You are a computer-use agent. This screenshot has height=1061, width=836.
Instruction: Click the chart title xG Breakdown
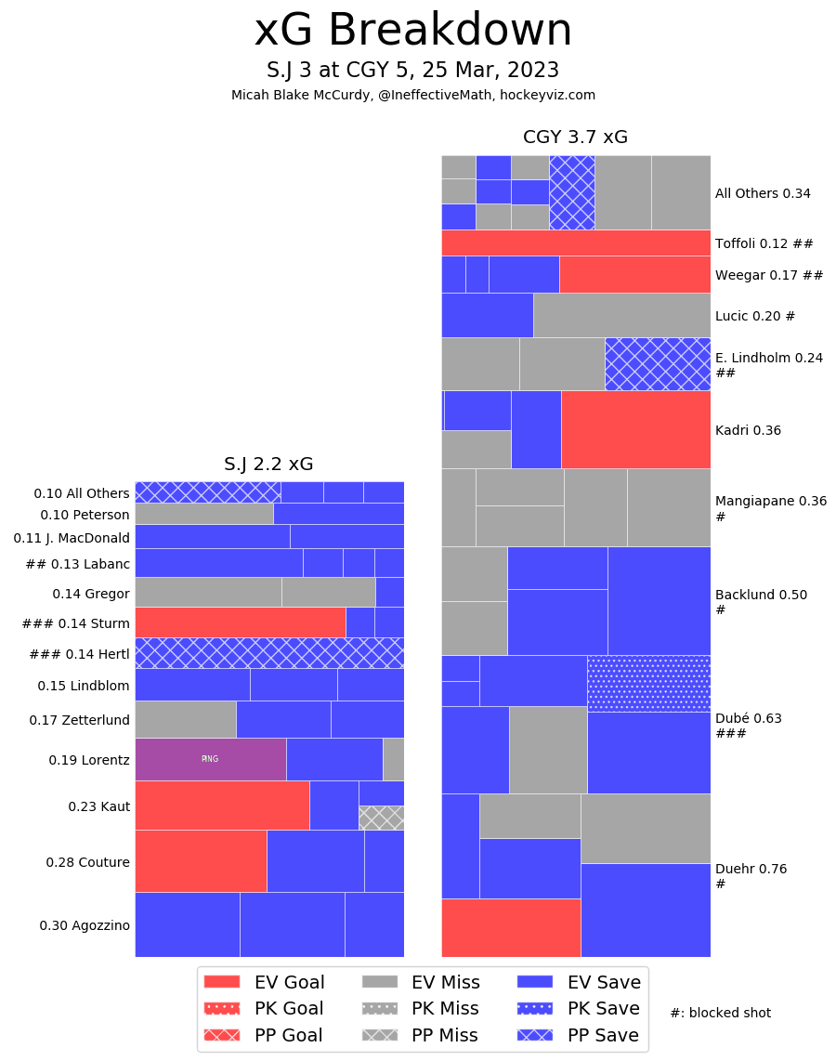point(413,32)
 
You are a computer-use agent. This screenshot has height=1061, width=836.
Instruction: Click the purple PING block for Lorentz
point(210,759)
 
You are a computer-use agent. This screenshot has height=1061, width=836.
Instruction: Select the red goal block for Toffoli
point(575,242)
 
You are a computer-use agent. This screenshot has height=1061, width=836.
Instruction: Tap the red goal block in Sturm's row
point(240,622)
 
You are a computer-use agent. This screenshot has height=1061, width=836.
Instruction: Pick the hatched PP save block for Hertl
point(269,652)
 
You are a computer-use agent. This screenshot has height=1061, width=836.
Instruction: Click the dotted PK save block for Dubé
point(648,683)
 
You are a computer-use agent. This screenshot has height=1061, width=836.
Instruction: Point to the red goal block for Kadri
point(635,429)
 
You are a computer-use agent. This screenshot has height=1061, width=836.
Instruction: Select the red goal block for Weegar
point(634,274)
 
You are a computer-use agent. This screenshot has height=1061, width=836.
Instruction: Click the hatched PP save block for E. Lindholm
point(657,363)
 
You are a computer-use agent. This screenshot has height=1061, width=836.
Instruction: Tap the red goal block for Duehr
point(510,927)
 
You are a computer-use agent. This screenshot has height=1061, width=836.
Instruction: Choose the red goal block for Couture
point(201,860)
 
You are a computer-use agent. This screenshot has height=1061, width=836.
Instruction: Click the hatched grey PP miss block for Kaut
point(381,818)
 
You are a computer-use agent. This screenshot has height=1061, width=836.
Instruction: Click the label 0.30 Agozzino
point(85,925)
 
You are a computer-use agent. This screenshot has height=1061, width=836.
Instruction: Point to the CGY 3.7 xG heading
point(575,138)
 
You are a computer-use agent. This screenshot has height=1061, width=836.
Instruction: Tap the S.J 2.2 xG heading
point(268,464)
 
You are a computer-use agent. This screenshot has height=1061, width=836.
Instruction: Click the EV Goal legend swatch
point(221,982)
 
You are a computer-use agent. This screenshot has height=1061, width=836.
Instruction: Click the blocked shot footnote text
point(720,1013)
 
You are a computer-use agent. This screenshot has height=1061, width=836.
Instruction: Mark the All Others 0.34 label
point(763,193)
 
